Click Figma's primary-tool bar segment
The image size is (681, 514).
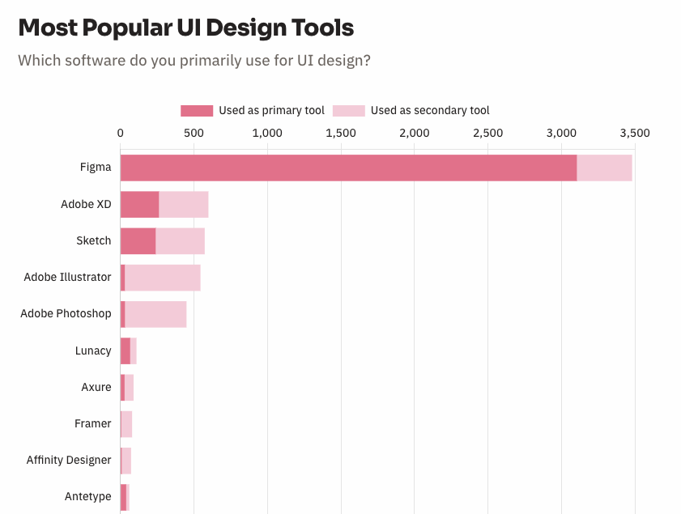348,168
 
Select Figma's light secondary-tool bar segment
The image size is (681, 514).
604,168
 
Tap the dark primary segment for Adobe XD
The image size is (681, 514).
139,204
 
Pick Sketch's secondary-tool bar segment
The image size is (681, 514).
180,240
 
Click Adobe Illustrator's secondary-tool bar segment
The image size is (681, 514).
162,278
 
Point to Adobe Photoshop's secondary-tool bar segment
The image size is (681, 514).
155,314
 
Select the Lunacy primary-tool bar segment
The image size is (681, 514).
126,350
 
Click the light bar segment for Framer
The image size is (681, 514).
126,423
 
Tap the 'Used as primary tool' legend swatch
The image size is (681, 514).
197,111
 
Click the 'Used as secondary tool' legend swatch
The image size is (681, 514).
349,111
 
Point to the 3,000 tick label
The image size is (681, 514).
561,133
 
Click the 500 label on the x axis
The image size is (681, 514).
194,133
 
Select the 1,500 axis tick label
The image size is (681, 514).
341,133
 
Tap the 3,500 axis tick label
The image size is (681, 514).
634,133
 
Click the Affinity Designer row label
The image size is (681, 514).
69,460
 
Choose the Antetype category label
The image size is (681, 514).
88,496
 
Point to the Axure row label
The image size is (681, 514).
96,387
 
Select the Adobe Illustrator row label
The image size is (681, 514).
67,277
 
